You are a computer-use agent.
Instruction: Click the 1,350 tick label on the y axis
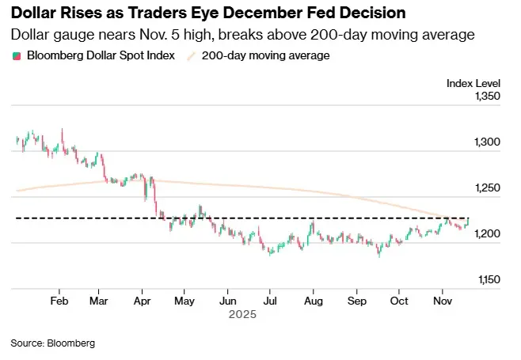(488, 97)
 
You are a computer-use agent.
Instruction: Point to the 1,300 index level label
(488, 142)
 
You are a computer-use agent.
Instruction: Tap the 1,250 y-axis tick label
(488, 188)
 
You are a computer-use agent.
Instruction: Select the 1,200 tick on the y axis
(488, 234)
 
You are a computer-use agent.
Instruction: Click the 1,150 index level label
(488, 280)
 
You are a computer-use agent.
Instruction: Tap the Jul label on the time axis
(270, 301)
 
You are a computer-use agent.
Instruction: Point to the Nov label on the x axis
(443, 301)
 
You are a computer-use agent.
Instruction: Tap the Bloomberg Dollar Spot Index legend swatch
(17, 56)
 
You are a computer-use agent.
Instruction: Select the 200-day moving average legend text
(265, 55)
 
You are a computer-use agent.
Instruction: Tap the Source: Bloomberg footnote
(52, 343)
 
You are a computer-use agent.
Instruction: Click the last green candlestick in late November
(468, 222)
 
